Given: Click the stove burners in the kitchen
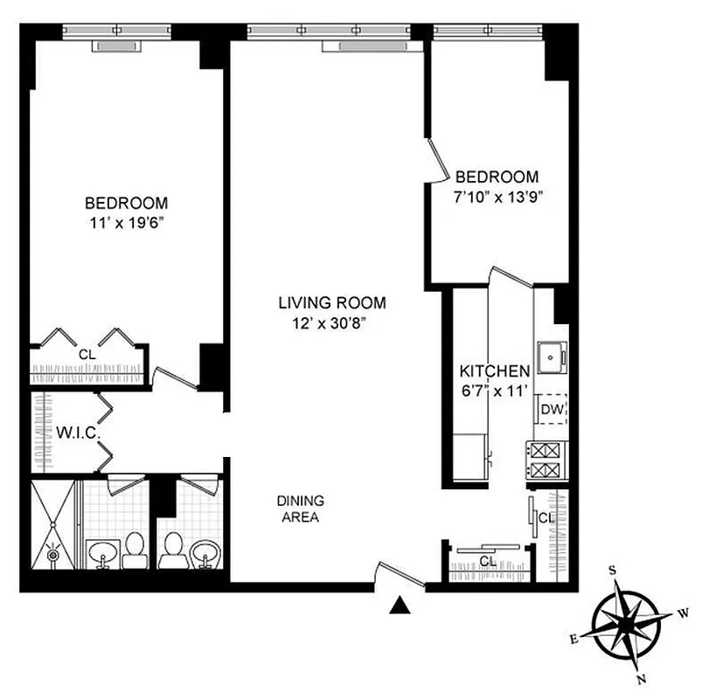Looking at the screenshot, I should [x=546, y=461].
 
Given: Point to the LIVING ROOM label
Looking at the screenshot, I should [x=331, y=303].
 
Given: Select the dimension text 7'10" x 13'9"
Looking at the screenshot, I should [x=494, y=196].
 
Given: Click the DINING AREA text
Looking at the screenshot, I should [x=300, y=509].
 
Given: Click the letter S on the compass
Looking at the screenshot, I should [x=613, y=571].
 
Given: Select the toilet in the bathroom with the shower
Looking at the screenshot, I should [x=134, y=549].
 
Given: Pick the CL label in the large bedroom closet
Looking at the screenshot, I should [x=86, y=355].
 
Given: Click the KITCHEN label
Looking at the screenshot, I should [x=495, y=370].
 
